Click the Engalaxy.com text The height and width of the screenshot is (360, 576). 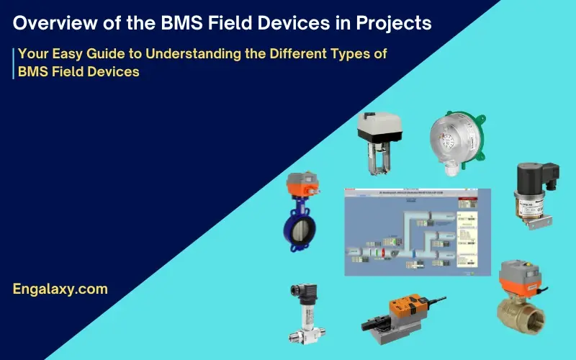60,289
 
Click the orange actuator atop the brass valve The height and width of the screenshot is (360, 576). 520,277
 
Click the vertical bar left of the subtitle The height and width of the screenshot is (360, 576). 13,63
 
